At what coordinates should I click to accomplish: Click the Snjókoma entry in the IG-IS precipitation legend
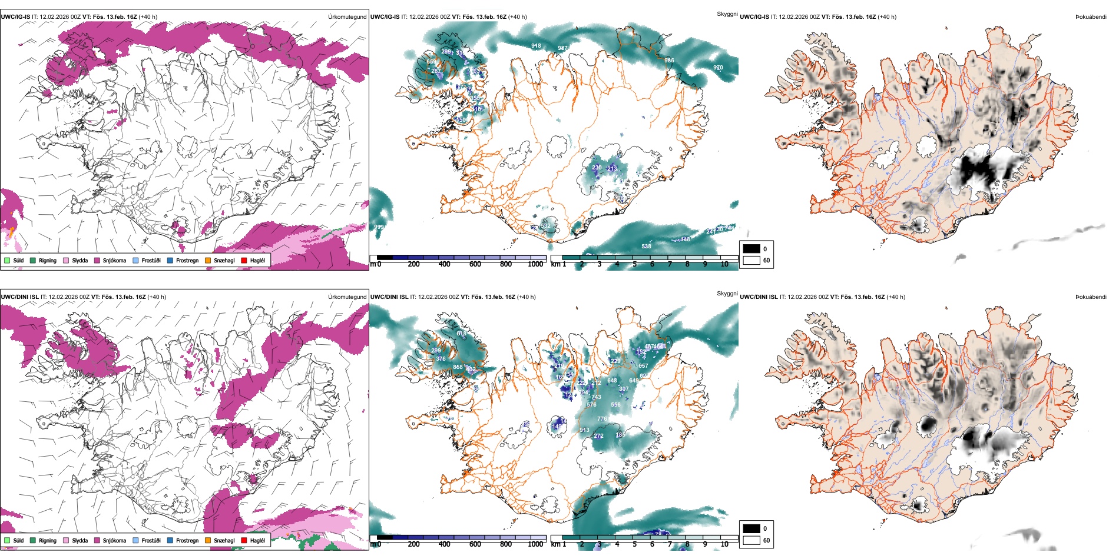[114, 260]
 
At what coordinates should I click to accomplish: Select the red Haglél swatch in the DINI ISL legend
[244, 540]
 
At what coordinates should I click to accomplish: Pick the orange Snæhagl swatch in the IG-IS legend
[208, 260]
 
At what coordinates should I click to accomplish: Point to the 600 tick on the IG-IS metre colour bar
[475, 264]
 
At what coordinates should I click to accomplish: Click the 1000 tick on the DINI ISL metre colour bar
[535, 544]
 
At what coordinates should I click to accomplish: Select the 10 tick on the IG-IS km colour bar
[724, 264]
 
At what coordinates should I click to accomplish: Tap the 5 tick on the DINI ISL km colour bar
[634, 544]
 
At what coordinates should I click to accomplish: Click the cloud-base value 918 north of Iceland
[536, 46]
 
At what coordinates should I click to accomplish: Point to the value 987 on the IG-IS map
[562, 48]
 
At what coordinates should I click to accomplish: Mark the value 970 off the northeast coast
[718, 68]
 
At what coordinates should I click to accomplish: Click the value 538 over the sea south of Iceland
[646, 247]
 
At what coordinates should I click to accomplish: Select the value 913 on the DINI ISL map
[584, 430]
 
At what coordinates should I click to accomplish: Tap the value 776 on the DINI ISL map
[602, 419]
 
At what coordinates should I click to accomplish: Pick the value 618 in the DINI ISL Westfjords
[461, 334]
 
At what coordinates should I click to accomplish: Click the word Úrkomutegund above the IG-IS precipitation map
[347, 17]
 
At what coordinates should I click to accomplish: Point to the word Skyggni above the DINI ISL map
[727, 294]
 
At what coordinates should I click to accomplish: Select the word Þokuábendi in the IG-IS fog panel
[1091, 17]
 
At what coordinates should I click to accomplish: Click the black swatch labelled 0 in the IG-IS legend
[751, 249]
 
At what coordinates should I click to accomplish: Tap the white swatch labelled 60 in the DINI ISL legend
[751, 540]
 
